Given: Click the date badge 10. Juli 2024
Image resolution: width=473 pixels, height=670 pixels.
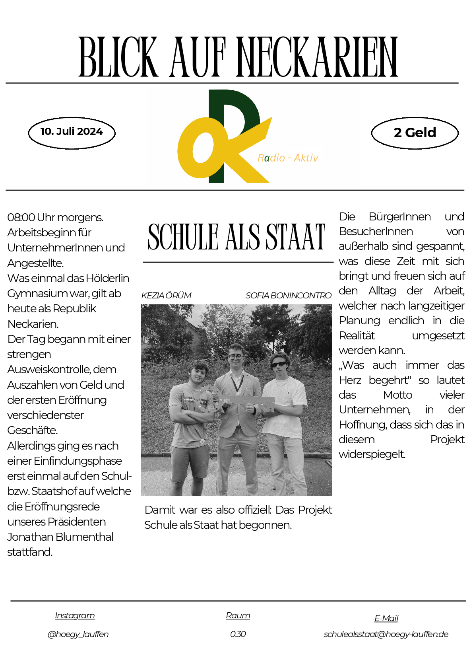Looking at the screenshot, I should click(x=72, y=132).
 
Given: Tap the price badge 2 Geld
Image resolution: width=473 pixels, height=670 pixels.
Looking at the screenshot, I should click(x=415, y=132).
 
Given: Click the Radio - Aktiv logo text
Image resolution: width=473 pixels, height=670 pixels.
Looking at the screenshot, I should click(x=288, y=158).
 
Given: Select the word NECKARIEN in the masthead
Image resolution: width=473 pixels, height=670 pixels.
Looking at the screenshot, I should click(x=317, y=58).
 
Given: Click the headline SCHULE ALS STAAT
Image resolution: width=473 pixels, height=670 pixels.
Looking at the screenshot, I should click(x=236, y=237).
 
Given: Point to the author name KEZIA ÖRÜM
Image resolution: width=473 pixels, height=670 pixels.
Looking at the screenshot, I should click(x=166, y=296).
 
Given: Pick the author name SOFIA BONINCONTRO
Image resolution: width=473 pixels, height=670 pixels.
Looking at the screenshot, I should click(x=288, y=296).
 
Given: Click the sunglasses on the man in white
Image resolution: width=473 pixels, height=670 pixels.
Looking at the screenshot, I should click(x=279, y=364).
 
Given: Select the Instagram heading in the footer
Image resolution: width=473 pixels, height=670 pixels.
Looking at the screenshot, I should click(x=75, y=615).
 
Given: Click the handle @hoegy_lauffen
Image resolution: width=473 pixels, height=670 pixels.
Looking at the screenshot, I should click(x=78, y=634).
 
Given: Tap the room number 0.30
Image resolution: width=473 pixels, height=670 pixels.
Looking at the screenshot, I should click(x=238, y=634).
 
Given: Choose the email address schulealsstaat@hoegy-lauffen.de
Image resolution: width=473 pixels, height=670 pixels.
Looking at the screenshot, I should click(x=386, y=634).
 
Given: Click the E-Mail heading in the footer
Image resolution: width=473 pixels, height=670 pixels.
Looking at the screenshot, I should click(x=386, y=618).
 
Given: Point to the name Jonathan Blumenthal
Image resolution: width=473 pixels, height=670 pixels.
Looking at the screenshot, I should click(x=60, y=537).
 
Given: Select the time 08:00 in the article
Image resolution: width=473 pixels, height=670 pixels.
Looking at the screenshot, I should click(x=21, y=218).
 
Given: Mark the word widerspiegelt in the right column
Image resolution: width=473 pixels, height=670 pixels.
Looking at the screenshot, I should click(x=372, y=454).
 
